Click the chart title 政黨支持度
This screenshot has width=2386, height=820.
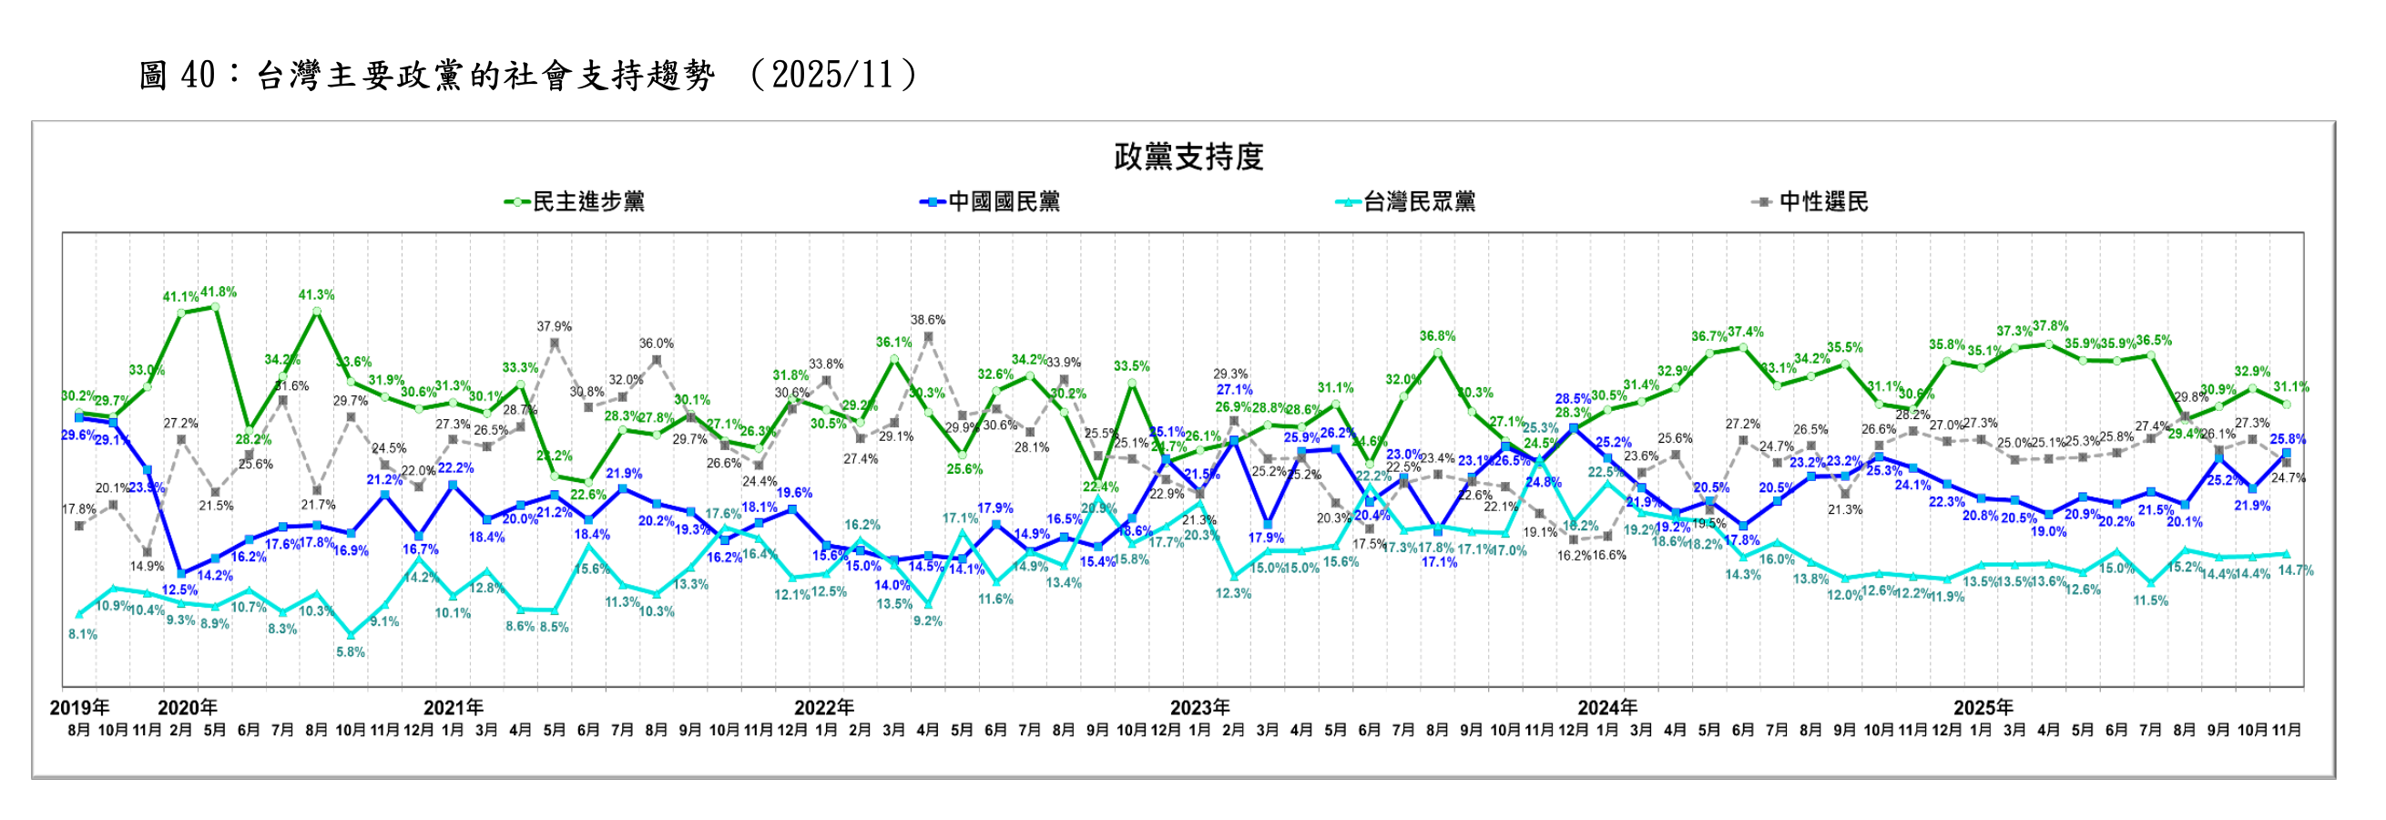point(1188,158)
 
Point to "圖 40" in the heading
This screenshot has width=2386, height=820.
point(177,75)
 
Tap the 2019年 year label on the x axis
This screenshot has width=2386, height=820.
point(78,708)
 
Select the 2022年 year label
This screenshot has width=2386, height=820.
point(823,708)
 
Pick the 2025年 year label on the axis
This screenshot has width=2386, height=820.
point(1983,708)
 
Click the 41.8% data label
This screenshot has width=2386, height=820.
point(219,292)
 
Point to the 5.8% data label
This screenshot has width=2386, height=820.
point(350,652)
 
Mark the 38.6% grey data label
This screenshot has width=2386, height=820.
point(928,321)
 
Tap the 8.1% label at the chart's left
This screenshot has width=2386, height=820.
point(83,635)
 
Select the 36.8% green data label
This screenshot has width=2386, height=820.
point(1438,336)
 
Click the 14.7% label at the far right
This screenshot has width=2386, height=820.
point(2296,570)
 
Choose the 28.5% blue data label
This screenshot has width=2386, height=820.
point(1573,399)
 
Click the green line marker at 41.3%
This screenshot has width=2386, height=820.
point(317,313)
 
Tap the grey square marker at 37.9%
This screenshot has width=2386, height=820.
point(554,343)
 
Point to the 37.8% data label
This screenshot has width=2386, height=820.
point(2051,326)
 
